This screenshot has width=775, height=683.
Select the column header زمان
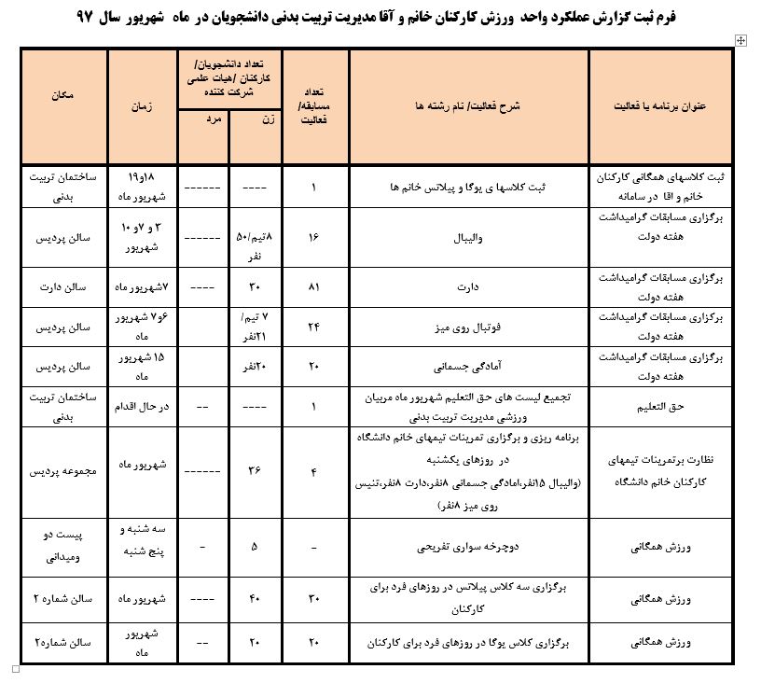[x=143, y=105]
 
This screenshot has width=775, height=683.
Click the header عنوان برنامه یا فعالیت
[x=660, y=105]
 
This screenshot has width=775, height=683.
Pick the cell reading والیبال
[x=468, y=237]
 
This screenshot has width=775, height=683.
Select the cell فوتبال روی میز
[x=468, y=328]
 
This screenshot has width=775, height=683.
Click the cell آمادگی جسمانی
[x=468, y=368]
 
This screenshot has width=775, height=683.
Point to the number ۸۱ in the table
[x=314, y=286]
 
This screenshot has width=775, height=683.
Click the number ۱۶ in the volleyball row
[x=314, y=237]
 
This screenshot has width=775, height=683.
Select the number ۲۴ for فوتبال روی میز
[x=314, y=328]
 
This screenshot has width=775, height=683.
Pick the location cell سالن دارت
[x=64, y=286]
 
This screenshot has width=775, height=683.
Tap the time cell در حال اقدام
[x=143, y=407]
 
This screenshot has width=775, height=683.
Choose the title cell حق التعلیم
[x=660, y=407]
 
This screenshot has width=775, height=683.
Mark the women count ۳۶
[x=256, y=471]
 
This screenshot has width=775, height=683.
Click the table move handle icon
[x=741, y=40]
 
